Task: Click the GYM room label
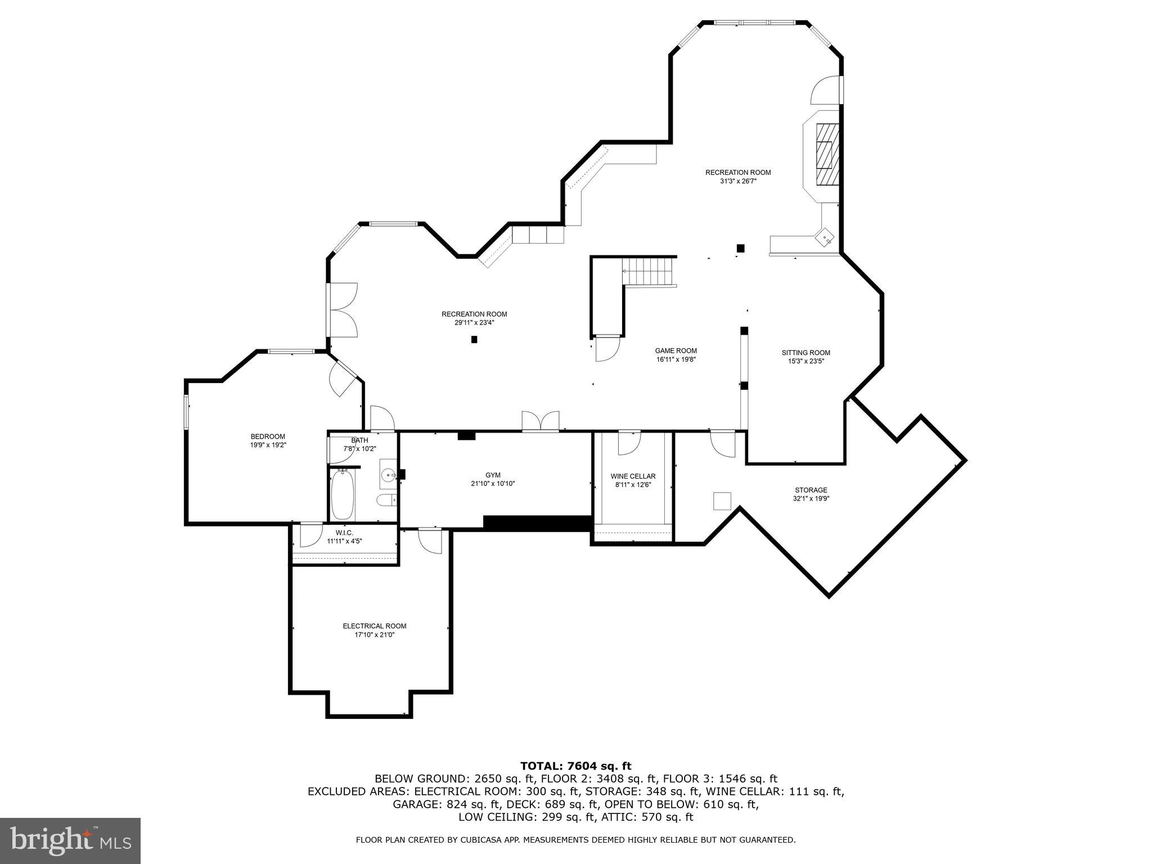493,475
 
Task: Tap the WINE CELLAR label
633,476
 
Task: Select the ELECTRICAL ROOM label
374,626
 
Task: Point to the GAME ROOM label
676,350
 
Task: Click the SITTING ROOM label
805,353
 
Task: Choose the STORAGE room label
811,490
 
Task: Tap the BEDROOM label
268,436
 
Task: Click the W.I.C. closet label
344,533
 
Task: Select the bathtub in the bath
343,495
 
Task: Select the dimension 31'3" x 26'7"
738,181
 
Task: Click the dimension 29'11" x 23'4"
474,323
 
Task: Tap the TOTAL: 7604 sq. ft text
575,766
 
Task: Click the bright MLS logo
70,840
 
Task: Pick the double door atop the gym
541,422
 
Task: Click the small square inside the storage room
722,501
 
